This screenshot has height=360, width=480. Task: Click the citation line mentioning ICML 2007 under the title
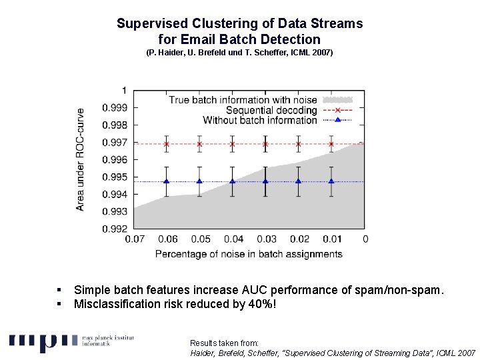click(x=239, y=52)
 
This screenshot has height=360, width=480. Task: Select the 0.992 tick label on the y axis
click(x=114, y=229)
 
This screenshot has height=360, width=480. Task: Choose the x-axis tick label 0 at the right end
click(x=365, y=239)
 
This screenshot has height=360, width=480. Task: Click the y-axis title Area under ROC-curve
click(x=81, y=160)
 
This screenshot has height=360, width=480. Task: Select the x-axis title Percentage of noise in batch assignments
click(x=249, y=254)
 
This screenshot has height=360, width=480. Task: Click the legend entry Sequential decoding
click(x=271, y=110)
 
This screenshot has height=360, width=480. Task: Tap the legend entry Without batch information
click(x=259, y=120)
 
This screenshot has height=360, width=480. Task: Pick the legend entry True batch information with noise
click(x=243, y=100)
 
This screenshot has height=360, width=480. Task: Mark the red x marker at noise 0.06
click(x=167, y=144)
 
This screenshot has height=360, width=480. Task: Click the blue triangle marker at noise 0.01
click(x=331, y=181)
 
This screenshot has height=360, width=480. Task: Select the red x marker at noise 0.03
click(x=265, y=144)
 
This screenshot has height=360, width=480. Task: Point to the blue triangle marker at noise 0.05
click(x=199, y=181)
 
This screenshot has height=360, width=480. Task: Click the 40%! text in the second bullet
click(x=260, y=305)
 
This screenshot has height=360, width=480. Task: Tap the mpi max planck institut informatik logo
click(x=71, y=341)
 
